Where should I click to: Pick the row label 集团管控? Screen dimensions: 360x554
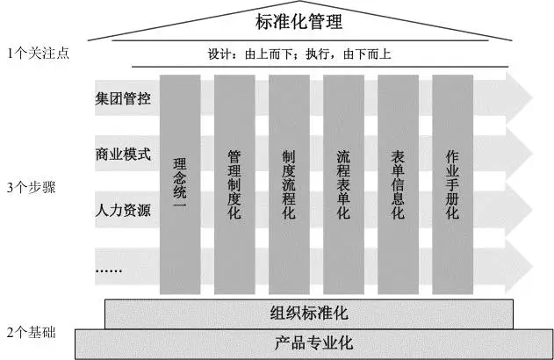(123, 97)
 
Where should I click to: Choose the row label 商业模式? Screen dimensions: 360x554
(123, 155)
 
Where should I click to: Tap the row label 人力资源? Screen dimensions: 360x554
(123, 211)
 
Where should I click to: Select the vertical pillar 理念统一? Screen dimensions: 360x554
(180, 184)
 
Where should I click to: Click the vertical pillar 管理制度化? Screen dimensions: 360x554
(234, 184)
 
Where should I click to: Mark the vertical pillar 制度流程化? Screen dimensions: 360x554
(288, 184)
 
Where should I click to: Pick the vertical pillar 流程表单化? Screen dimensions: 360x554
(342, 184)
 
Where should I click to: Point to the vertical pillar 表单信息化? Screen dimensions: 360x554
(397, 184)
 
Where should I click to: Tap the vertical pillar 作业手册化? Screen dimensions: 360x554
(452, 184)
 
